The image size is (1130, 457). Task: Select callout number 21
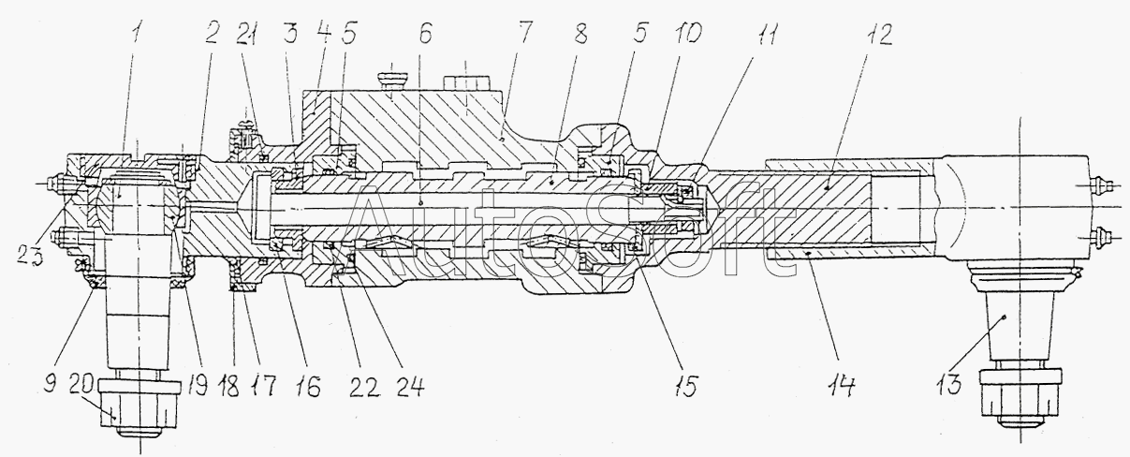coord(247,36)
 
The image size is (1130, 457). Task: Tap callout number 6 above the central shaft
coord(424,35)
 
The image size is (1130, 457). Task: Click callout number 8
coord(580,34)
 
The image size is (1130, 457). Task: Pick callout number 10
coord(687,34)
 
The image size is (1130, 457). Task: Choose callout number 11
coord(765,34)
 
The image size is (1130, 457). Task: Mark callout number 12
coord(879,35)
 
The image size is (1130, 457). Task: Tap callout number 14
coord(841,386)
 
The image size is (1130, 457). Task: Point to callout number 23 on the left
coord(30,254)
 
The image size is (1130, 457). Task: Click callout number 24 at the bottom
coord(411,387)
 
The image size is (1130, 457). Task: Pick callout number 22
coord(365,387)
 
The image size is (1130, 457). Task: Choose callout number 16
coord(308,387)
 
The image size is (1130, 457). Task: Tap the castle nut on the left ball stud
coord(139,409)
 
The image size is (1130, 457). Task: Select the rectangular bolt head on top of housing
coord(465,82)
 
